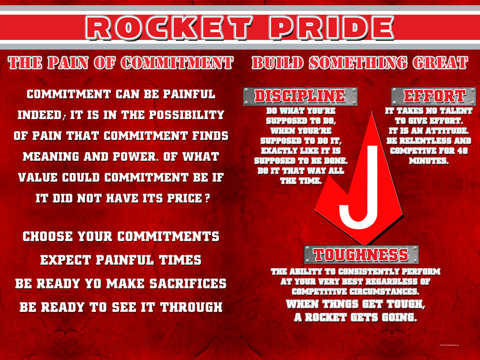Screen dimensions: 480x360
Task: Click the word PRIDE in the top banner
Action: tap(332, 28)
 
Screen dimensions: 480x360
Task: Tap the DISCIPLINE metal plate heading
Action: tap(300, 96)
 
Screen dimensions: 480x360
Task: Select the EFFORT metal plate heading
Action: tap(434, 96)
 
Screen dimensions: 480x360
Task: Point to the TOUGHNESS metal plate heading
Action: tap(361, 255)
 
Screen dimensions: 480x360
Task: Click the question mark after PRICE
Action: tap(208, 198)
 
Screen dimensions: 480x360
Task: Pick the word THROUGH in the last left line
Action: tap(192, 307)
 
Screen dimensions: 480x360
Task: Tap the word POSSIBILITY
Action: tap(186, 115)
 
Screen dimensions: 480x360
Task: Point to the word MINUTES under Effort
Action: tap(429, 161)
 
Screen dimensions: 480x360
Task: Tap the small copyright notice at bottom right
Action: tap(449, 345)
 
